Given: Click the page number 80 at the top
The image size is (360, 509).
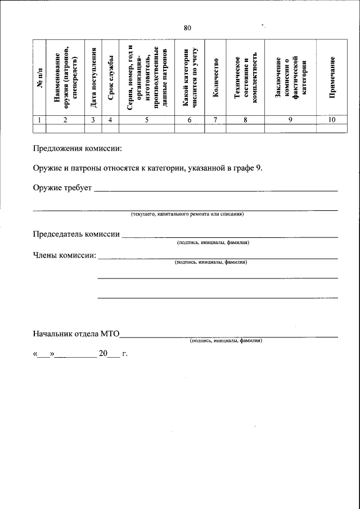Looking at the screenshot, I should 187,28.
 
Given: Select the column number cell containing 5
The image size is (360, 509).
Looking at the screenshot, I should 146,119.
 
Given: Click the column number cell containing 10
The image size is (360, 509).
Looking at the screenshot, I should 332,119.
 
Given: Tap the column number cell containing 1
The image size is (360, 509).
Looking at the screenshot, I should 39,119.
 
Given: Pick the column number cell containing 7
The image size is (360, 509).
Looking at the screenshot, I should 215,119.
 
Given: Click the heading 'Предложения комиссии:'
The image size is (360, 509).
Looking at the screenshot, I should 76,149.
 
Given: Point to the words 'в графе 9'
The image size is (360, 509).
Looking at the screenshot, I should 244,168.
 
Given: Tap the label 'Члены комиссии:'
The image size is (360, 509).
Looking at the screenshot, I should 64,255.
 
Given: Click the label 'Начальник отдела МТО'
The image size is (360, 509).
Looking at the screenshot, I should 76,334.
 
